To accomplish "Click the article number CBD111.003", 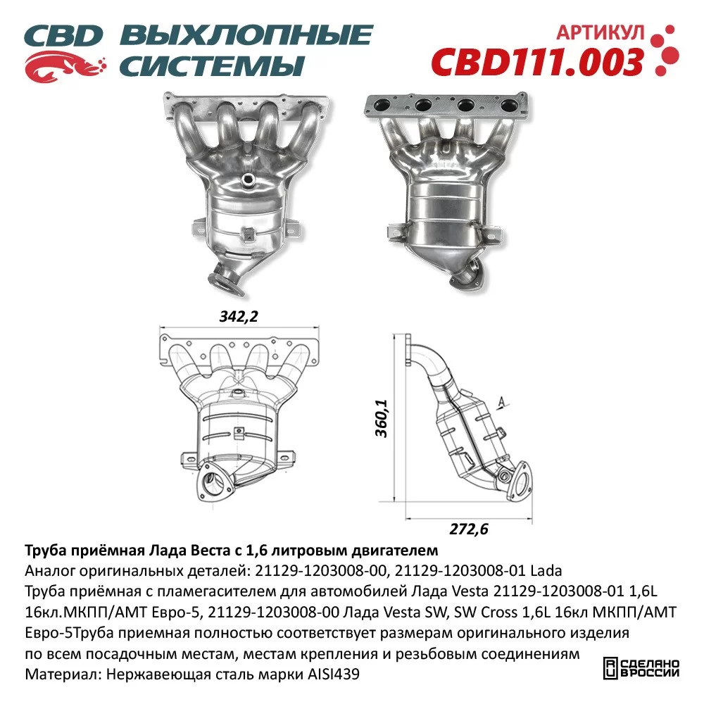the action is pyautogui.click(x=537, y=62).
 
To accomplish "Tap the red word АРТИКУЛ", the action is pyautogui.click(x=601, y=33).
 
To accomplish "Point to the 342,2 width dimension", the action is pyautogui.click(x=239, y=317).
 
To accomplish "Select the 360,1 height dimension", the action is pyautogui.click(x=382, y=418).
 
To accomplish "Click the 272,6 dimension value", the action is pyautogui.click(x=469, y=529).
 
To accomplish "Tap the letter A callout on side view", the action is pyautogui.click(x=502, y=402).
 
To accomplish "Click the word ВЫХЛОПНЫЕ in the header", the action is pyautogui.click(x=246, y=36).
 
